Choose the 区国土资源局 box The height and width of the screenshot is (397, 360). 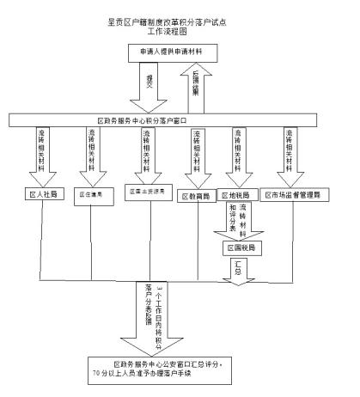pos(144,189)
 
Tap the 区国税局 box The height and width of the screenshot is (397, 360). pos(242,247)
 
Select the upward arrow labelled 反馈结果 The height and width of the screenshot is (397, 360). pos(194,87)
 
